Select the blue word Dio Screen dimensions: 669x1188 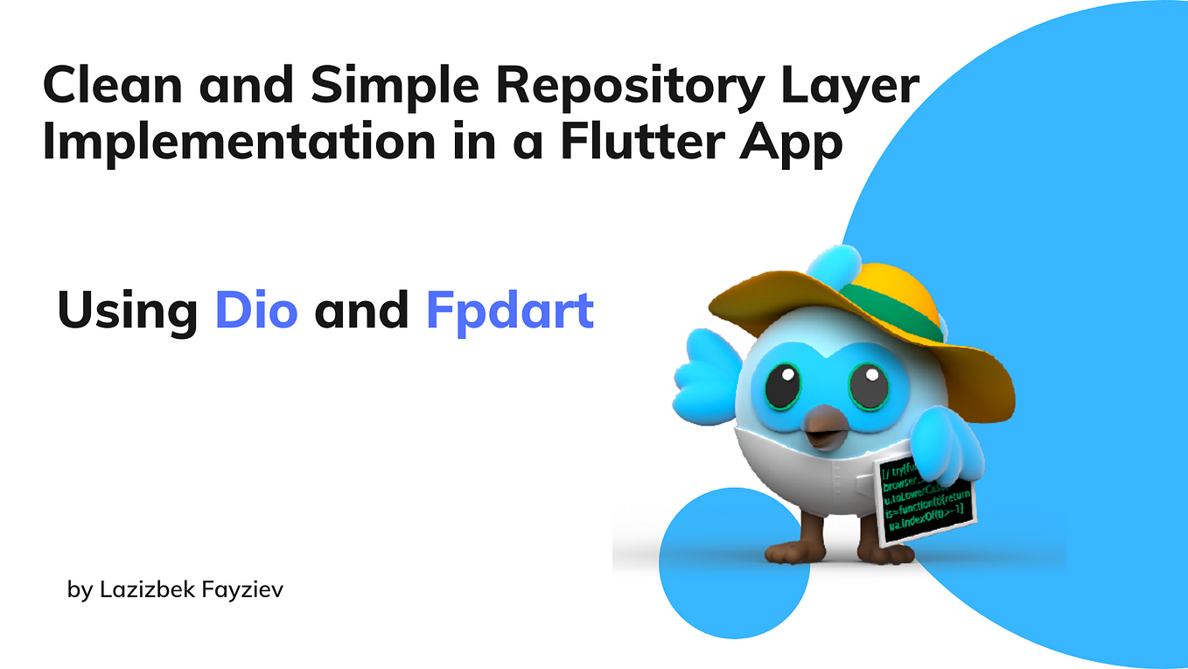(x=256, y=311)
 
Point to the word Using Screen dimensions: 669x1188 (x=128, y=313)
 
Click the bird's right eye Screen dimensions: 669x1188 (x=870, y=388)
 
